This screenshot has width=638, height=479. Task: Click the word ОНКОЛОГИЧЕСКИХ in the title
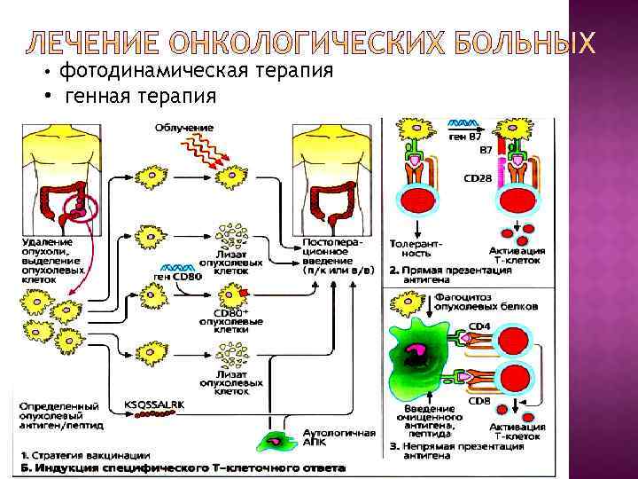[262, 42]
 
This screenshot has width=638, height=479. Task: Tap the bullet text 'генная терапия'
[141, 94]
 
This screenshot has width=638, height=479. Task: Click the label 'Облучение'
[184, 128]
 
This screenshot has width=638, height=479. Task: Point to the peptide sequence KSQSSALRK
[154, 404]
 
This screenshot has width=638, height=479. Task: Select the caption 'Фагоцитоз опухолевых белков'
[486, 301]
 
